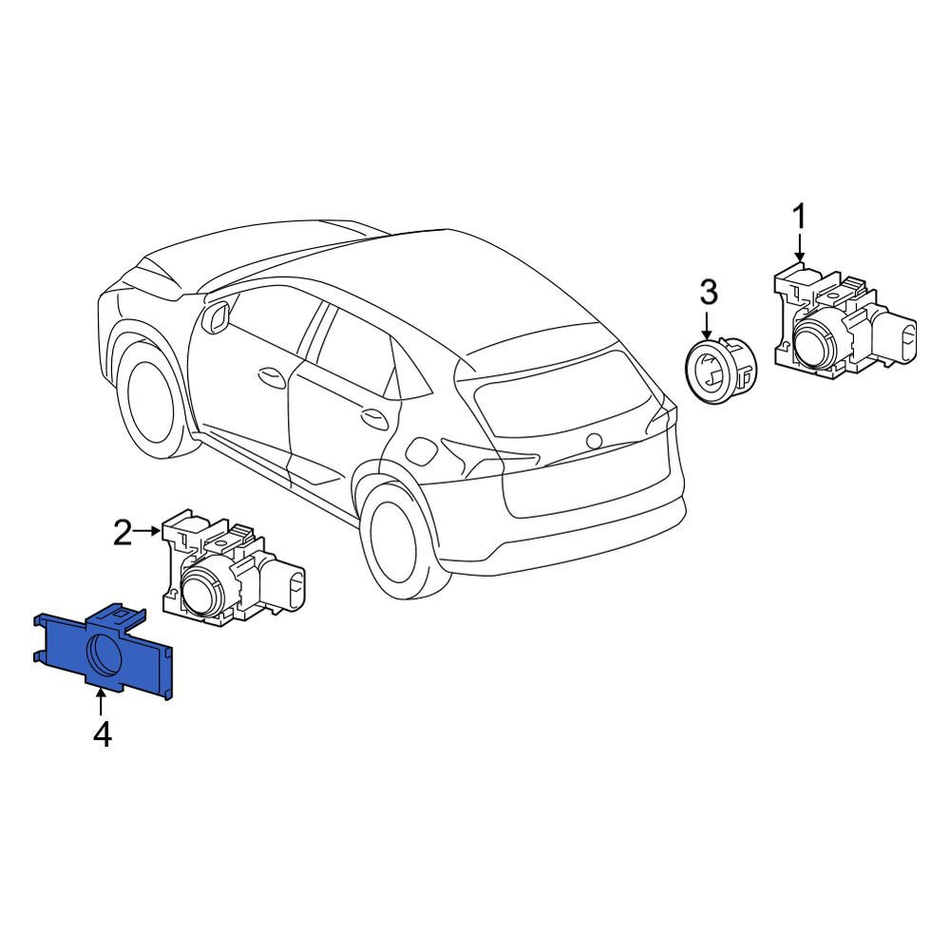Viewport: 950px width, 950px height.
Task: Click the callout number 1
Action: point(800,217)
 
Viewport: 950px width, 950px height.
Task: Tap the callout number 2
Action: point(123,531)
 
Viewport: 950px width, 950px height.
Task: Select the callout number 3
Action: point(709,292)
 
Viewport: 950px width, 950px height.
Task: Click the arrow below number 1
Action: point(800,248)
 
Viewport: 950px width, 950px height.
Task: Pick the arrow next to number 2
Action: point(148,531)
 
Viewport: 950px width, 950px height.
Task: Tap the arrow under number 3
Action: point(707,324)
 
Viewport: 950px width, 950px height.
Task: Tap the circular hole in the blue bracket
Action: point(106,655)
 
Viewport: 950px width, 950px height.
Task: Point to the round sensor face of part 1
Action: point(815,343)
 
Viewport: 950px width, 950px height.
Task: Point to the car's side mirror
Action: point(215,317)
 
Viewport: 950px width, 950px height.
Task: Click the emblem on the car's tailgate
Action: point(594,441)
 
